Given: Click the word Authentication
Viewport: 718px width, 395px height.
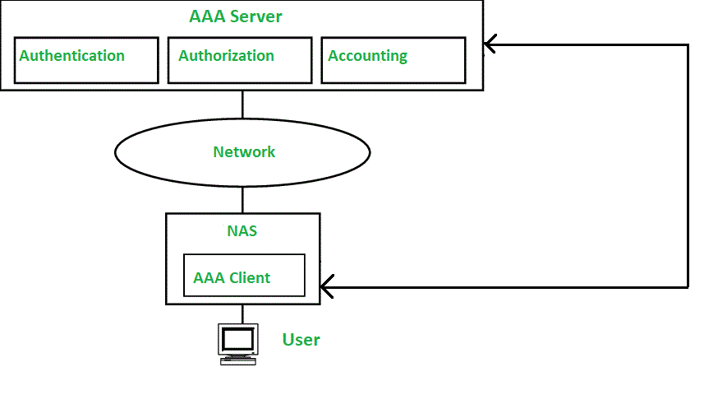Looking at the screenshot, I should click(x=72, y=56).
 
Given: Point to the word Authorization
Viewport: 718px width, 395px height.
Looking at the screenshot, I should click(x=226, y=56).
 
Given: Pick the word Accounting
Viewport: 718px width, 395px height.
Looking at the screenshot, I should click(x=367, y=56).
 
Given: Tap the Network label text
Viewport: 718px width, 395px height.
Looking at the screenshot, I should click(x=244, y=152).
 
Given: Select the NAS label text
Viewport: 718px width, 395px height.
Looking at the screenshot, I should click(x=242, y=231).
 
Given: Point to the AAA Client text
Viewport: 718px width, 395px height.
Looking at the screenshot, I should click(x=232, y=278).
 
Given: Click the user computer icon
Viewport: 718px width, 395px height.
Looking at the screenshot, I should click(x=237, y=344).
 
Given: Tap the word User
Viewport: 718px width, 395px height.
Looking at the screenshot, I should click(x=301, y=340).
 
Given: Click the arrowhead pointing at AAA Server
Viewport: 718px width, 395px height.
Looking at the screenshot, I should click(x=490, y=44).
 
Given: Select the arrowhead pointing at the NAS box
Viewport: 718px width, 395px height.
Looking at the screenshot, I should click(x=327, y=286).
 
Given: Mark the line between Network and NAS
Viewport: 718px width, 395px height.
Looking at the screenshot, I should click(x=242, y=200).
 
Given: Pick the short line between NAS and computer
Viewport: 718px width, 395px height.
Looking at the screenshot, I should click(x=242, y=314).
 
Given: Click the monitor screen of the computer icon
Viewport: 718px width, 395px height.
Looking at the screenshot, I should click(x=238, y=338).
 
